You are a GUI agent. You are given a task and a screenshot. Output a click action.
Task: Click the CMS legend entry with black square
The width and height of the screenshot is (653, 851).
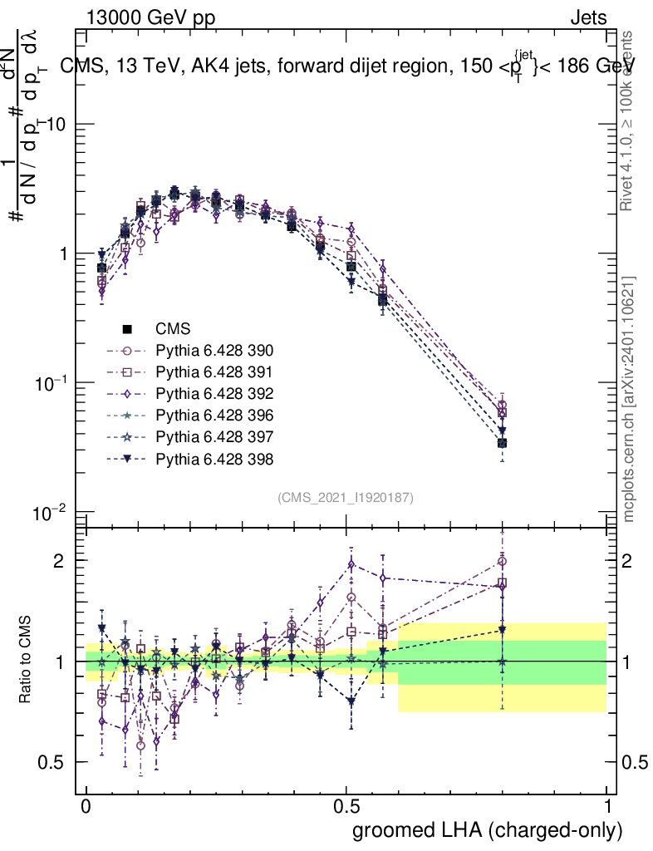click(174, 328)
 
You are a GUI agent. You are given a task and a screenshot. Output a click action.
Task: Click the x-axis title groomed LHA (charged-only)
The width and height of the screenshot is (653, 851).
click(489, 829)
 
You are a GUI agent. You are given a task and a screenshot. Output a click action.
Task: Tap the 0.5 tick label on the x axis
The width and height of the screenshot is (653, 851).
click(346, 807)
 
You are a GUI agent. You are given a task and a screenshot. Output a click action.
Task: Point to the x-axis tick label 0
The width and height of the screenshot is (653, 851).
click(86, 807)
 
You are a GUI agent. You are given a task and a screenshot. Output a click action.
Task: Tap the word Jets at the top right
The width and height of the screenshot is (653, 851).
click(587, 18)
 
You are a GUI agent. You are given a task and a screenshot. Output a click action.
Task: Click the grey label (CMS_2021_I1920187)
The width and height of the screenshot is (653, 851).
click(346, 497)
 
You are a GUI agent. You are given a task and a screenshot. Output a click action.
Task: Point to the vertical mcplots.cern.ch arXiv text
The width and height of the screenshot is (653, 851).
click(630, 400)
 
